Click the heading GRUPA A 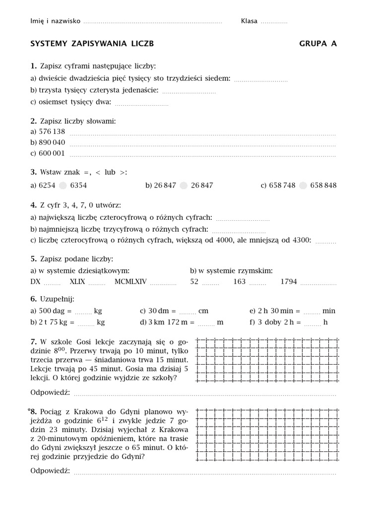317,44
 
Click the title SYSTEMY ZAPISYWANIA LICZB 92,44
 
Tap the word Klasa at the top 249,21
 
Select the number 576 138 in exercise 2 52,132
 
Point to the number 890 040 52,143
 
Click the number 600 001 52,154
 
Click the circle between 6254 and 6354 63,186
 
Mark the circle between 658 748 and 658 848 303,186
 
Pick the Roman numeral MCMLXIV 130,282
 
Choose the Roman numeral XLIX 77,282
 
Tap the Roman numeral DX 35,282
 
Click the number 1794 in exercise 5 289,282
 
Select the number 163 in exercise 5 239,282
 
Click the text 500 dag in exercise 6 55,311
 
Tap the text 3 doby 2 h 279,322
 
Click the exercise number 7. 33,342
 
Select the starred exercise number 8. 33,411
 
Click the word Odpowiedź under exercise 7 50,393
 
